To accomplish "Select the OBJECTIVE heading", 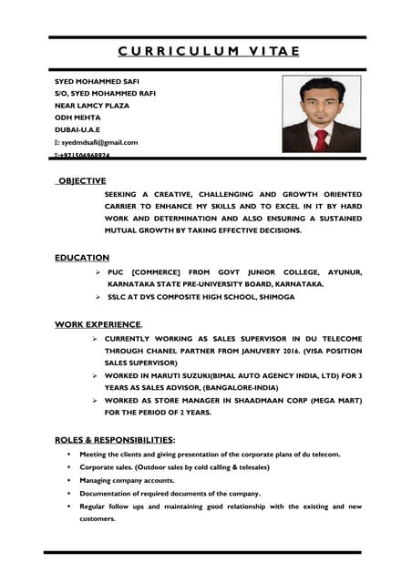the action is tap(82, 181).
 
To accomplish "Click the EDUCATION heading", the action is tap(82, 258).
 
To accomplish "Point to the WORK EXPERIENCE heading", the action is tap(98, 323).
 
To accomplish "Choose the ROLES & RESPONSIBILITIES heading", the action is tap(115, 440).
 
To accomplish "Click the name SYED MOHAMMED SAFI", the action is tap(98, 80).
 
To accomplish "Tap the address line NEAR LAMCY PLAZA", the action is tap(92, 106).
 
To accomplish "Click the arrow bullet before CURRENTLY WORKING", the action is tap(95, 339).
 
